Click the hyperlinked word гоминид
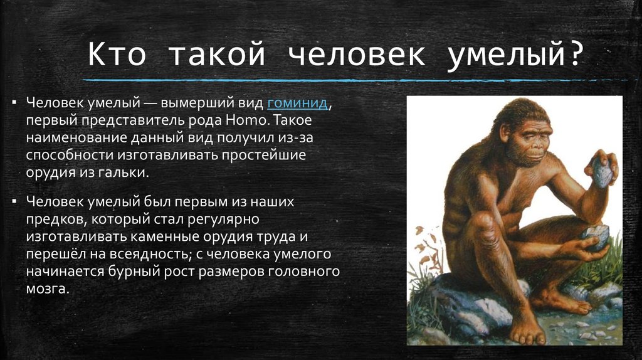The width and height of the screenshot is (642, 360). (297, 103)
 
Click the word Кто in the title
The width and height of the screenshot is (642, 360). (117, 55)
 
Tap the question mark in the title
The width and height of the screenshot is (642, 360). (576, 55)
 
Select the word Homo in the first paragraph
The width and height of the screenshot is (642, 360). (245, 120)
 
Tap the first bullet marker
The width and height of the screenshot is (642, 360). (14, 102)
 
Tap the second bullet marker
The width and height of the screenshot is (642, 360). (14, 201)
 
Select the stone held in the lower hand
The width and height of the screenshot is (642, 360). (595, 236)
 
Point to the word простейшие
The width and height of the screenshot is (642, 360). (264, 155)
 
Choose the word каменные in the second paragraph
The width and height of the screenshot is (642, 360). (166, 236)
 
